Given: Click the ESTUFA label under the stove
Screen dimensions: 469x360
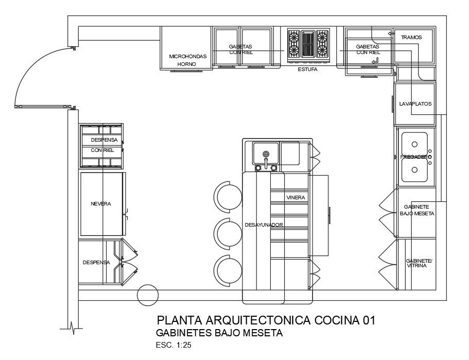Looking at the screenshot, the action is (307, 68).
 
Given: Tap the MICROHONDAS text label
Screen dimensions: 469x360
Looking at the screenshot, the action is (188, 56).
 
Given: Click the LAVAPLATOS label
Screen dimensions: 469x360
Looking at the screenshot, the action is (415, 104).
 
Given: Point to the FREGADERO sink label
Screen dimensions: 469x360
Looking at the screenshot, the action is (414, 157).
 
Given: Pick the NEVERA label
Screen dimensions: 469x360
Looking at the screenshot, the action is (101, 204).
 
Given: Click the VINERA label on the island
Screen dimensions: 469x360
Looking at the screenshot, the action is (296, 197).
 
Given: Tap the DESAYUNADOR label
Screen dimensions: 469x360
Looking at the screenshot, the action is (264, 225).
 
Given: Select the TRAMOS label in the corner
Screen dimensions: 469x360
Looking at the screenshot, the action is (411, 38).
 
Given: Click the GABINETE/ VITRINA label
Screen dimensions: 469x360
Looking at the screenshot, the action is (419, 263).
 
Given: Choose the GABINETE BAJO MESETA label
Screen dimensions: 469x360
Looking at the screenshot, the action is (417, 210).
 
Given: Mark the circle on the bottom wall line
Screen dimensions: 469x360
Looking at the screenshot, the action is (148, 295).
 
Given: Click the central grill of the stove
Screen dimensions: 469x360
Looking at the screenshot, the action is (308, 44).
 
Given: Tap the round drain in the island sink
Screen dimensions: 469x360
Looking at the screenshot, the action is (266, 153).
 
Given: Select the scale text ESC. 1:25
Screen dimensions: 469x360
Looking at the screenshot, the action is (173, 345).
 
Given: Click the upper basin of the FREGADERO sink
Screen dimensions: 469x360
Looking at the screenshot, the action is (414, 143).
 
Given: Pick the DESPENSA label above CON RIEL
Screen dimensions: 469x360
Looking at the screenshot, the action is (105, 140).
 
